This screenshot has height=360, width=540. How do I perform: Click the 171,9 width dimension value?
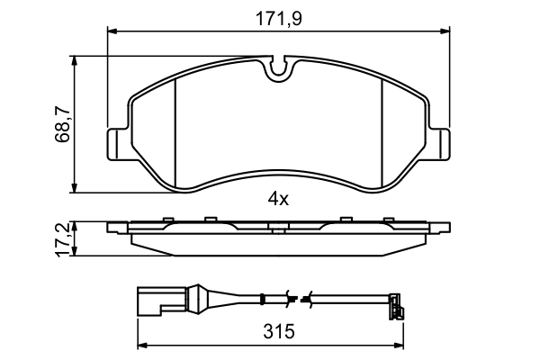(x=278, y=16)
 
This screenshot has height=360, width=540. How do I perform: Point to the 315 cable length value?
(x=281, y=332)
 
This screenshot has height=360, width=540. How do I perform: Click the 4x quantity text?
(x=277, y=199)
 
